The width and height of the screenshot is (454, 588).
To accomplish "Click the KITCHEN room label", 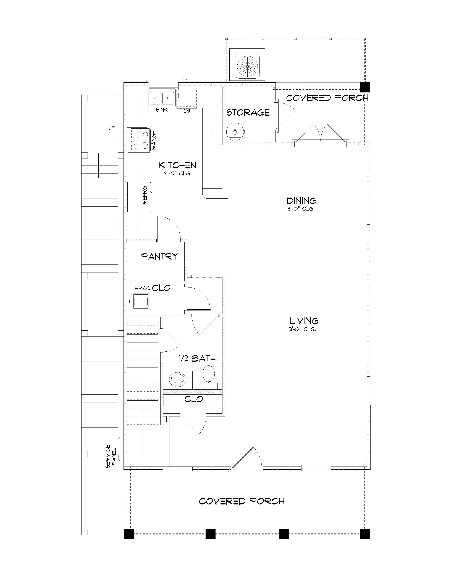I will point(177,165).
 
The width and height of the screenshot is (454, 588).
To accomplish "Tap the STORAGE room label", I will point(248,112).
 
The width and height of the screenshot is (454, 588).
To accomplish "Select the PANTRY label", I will point(160,256).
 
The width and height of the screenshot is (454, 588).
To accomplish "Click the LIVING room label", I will point(304,321).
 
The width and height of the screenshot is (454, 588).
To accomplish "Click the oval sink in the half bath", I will point(177,379).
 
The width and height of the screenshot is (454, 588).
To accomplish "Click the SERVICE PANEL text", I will point(110,456).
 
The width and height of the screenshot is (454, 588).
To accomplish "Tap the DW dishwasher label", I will point(187,111).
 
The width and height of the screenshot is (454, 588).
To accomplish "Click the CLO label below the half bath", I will point(194,399).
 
